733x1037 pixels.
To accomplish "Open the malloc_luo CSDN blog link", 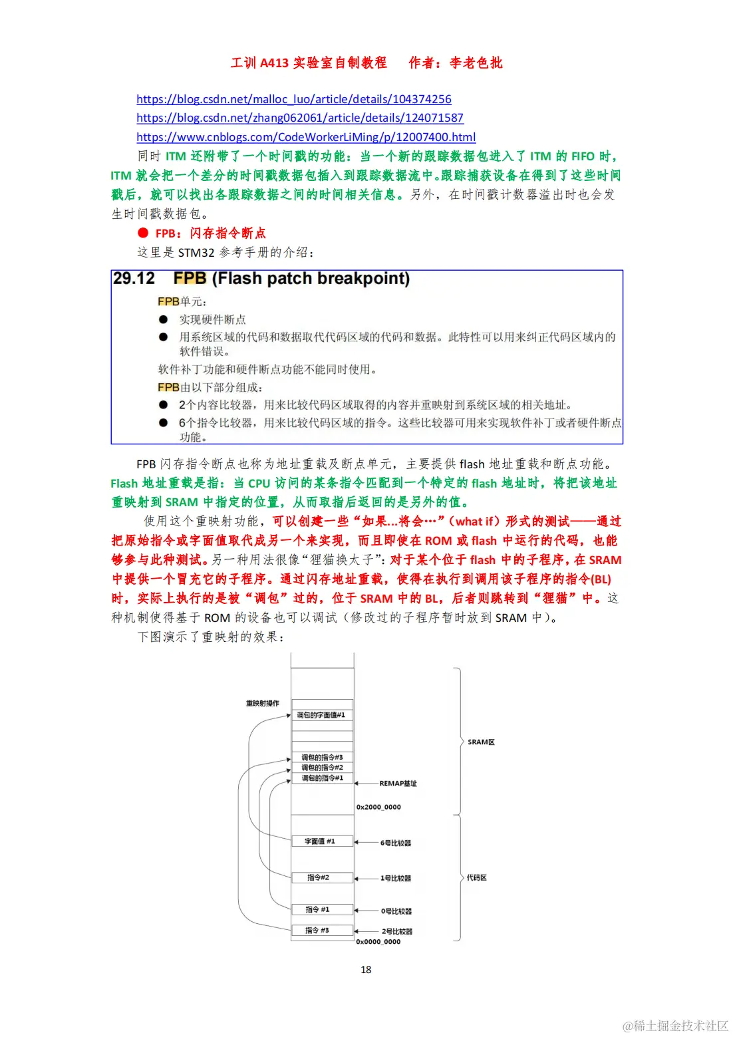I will point(293,99).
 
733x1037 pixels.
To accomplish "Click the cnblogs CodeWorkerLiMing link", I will point(306,137).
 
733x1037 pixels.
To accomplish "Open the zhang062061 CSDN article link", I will point(300,118).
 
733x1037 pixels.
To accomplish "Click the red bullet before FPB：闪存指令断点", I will point(143,233).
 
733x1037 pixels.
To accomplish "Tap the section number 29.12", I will point(134,278).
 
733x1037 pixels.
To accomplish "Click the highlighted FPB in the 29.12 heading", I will point(190,278).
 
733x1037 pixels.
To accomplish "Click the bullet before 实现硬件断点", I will point(163,319).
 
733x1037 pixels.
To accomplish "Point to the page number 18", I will point(366,970).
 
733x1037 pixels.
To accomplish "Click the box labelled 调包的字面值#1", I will point(321,715).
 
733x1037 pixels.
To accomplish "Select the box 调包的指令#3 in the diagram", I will point(322,757).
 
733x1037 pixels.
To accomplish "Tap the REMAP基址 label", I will point(398,784).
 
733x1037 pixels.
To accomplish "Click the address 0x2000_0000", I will point(378,807).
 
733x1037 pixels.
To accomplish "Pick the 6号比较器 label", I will point(396,843).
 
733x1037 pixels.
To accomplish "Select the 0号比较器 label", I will point(396,911).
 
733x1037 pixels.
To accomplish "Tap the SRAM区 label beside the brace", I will point(481,742).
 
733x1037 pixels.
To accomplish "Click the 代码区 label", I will point(477,877).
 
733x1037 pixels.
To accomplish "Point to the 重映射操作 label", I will point(263,703).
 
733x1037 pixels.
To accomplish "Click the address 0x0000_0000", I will point(378,942).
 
